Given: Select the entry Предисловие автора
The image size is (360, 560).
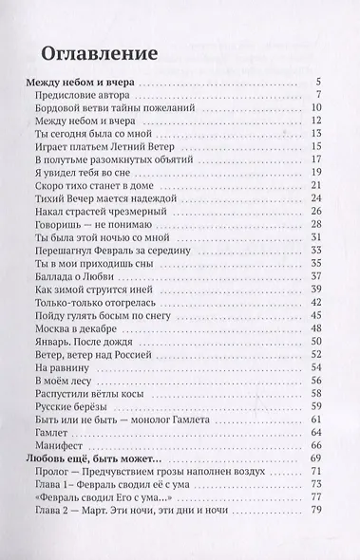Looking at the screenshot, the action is click(x=84, y=95).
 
